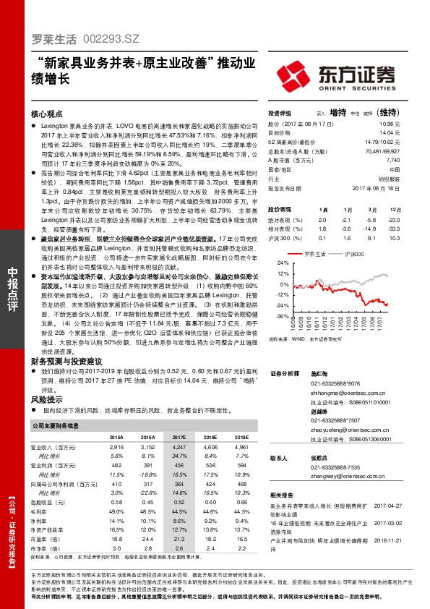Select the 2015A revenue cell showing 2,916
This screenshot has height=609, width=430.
(x=116, y=448)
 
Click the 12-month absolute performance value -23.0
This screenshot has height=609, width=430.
(x=393, y=219)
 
